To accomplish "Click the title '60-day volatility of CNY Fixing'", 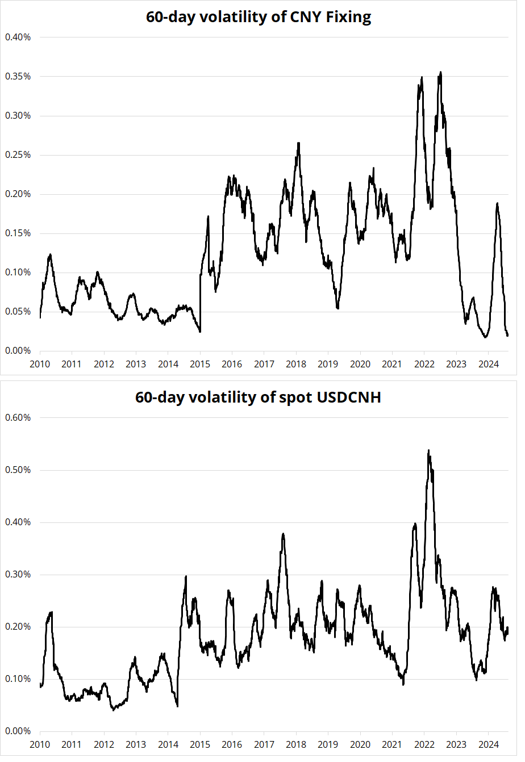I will pos(259,17).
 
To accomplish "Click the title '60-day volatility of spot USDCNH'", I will pos(258,397).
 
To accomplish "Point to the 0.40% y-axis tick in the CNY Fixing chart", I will pos(18,37).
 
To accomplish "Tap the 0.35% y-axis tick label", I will pos(18,77).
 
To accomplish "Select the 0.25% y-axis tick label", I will pos(18,155).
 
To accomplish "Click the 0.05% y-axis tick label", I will pos(18,312).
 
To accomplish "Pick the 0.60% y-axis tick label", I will pos(18,418).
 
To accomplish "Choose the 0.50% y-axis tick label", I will pos(18,470).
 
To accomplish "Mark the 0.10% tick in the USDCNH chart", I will pos(18,679).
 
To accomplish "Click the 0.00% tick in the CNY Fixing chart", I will pos(18,351).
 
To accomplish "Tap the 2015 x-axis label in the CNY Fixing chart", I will pos(200,364).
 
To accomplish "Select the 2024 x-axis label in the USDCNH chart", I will pos(489,744).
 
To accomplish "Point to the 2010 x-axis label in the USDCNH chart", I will pos(40,744).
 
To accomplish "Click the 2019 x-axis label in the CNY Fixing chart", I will pos(328,364).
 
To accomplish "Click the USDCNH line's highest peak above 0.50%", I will pos(428,450).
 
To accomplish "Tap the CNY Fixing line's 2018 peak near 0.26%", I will pos(298,143).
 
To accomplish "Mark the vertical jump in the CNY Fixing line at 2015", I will pos(200,304).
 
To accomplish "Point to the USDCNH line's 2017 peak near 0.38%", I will pos(283,534).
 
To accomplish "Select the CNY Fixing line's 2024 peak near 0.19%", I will pos(498,203).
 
